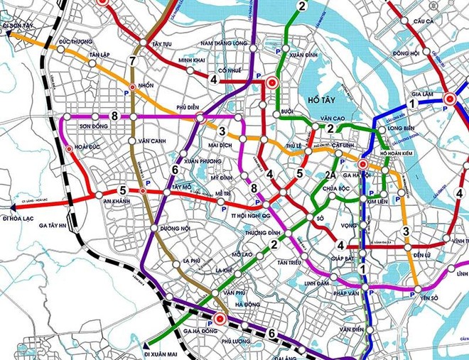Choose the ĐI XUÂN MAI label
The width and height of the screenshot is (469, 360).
[x=163, y=352]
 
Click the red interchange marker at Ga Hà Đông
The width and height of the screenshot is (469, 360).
[x=220, y=320]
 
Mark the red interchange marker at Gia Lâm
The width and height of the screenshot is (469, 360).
[x=450, y=99]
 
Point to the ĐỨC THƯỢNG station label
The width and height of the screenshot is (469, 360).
[x=77, y=41]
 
